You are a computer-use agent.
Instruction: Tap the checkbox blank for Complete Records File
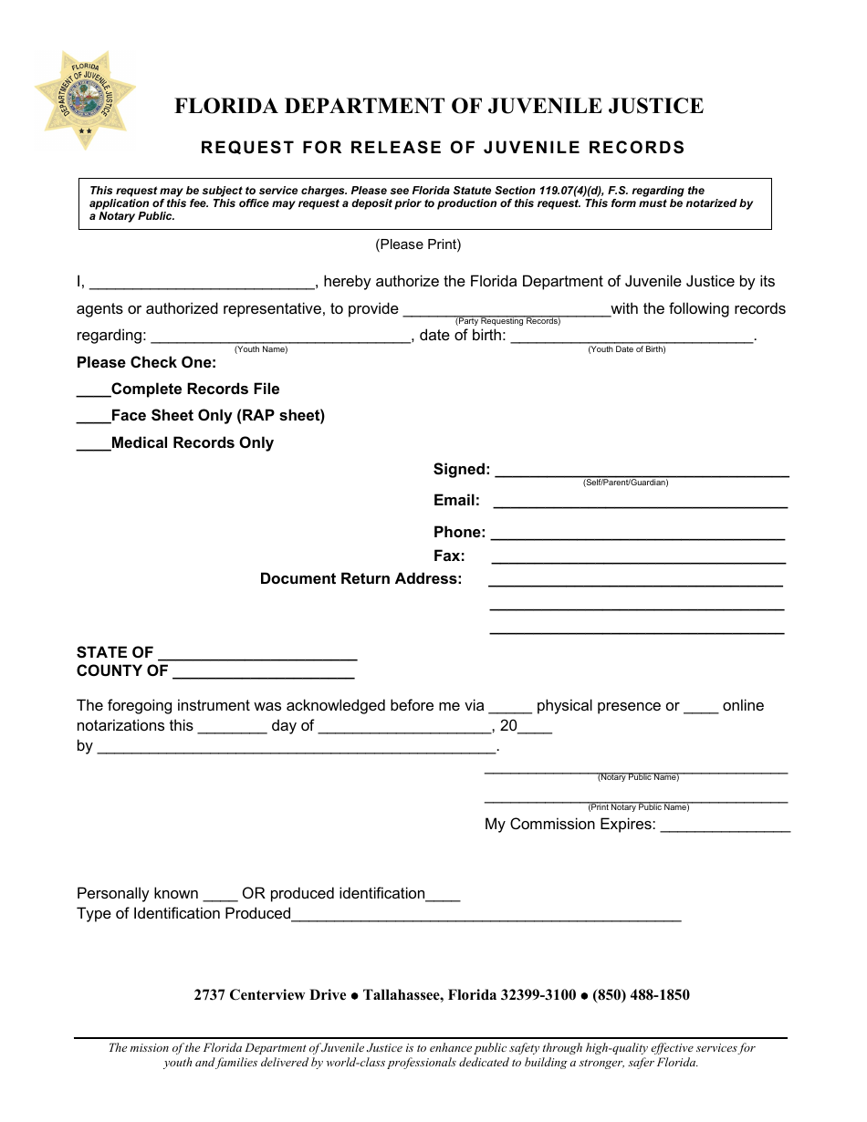click(x=93, y=390)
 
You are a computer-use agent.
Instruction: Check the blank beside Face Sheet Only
click(x=93, y=417)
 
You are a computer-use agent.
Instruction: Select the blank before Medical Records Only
click(x=93, y=444)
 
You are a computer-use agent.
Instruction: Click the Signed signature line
click(x=641, y=473)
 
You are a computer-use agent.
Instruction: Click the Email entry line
click(x=640, y=503)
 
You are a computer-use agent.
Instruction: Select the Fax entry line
click(x=638, y=559)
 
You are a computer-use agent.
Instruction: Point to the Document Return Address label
click(x=360, y=579)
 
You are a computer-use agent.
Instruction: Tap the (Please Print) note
click(x=418, y=244)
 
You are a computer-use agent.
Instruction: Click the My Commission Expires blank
click(x=725, y=827)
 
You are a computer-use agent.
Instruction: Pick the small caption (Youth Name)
click(x=261, y=349)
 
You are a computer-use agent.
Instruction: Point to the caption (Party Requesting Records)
click(x=507, y=321)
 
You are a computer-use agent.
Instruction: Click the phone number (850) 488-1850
click(x=641, y=995)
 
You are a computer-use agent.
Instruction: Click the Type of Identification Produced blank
click(x=486, y=917)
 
